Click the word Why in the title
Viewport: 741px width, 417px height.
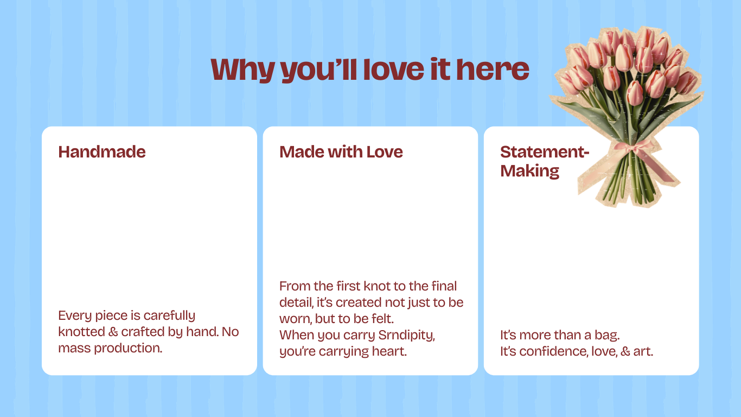tap(242, 70)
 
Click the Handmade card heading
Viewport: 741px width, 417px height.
tap(102, 151)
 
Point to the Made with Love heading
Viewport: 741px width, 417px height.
tap(341, 151)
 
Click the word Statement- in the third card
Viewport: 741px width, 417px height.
tap(545, 151)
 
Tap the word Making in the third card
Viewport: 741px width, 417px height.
tap(529, 171)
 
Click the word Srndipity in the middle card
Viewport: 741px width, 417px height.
tap(406, 336)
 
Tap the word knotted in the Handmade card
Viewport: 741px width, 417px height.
tap(81, 332)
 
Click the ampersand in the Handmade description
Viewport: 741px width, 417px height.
tap(113, 332)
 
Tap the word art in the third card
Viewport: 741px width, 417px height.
tap(643, 351)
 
